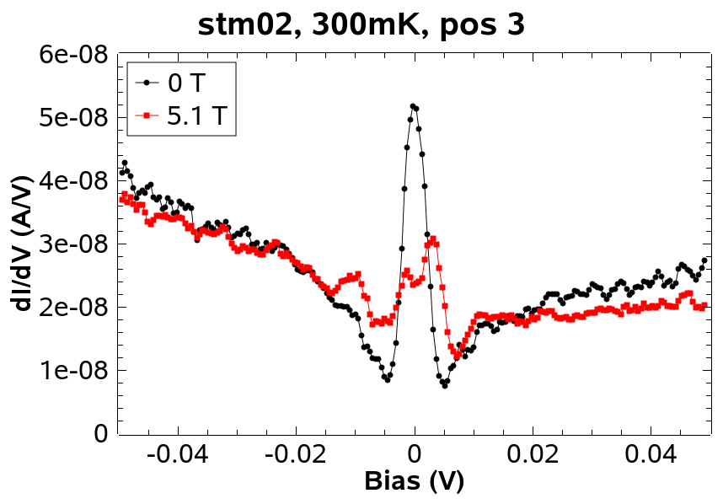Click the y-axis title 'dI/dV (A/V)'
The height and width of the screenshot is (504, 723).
(23, 244)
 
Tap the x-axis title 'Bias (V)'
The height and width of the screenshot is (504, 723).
(414, 481)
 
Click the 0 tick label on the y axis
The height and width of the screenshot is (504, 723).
(99, 434)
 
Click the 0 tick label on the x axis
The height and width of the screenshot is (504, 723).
(414, 455)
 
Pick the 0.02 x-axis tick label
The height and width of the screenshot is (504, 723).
(533, 455)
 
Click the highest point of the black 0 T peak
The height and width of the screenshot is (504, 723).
(413, 106)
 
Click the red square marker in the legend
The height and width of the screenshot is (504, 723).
(147, 115)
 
